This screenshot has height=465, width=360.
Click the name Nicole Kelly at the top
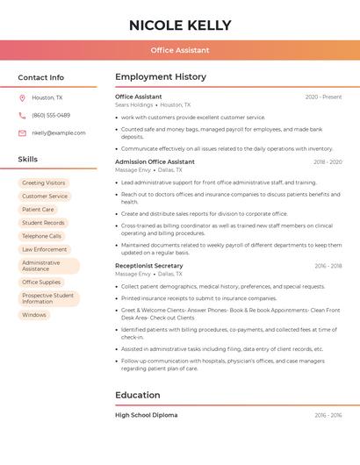[180, 25]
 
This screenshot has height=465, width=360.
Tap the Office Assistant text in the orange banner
[180, 50]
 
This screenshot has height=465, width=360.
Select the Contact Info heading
[40, 77]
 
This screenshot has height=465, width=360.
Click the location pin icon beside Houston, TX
[22, 98]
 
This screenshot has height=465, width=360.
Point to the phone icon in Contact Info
[22, 116]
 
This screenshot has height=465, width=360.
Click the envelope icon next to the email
[22, 133]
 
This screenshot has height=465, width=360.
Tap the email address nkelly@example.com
[59, 133]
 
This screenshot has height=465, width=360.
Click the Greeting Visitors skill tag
[44, 183]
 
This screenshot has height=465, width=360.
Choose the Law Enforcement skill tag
[45, 249]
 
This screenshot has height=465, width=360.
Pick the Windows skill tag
[34, 315]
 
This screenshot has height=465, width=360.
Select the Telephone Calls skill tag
[42, 236]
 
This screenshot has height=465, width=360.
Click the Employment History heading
[161, 77]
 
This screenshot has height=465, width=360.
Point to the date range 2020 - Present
[323, 97]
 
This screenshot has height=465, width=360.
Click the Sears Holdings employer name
[133, 104]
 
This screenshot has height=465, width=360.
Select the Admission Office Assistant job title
[155, 162]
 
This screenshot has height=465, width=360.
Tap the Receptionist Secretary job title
[149, 266]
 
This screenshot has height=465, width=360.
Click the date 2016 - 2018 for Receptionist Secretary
[328, 266]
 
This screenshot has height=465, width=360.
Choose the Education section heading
[138, 396]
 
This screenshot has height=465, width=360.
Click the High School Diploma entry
[146, 415]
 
